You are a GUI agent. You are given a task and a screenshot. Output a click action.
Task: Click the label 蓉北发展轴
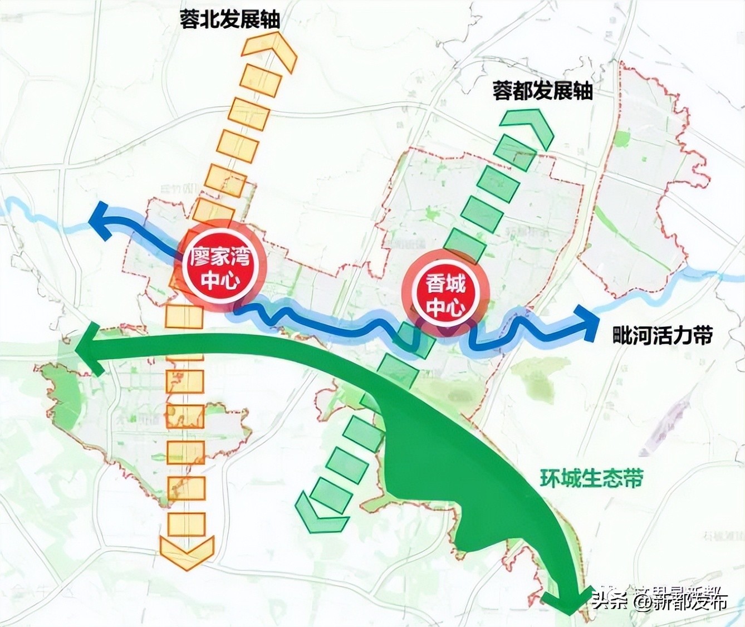coord(229,19)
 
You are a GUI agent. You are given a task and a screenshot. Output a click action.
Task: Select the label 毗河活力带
coord(662,335)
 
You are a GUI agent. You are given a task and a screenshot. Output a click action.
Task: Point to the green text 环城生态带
coord(591,478)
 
